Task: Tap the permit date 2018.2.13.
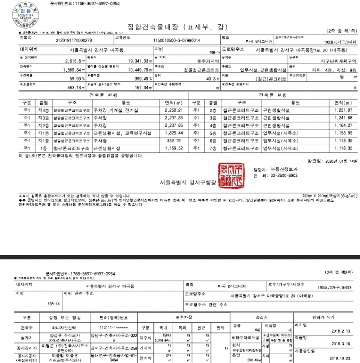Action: (341, 330)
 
